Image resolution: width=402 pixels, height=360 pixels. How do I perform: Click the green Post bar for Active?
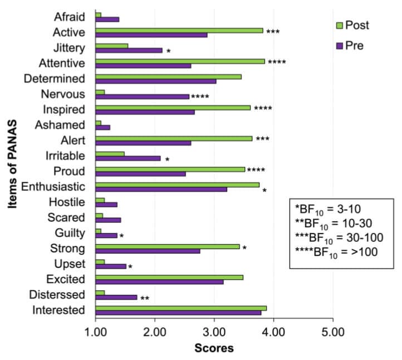point(179,30)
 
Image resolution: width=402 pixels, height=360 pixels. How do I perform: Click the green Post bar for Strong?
point(168,246)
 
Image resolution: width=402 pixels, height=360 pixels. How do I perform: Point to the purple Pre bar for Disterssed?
point(116,297)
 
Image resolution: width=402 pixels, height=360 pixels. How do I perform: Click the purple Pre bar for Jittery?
point(129,50)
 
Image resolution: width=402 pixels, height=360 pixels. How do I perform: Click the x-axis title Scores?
point(214,349)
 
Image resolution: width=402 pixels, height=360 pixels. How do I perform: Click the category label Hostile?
point(71,202)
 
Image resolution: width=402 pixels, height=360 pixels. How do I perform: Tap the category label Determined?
point(57,78)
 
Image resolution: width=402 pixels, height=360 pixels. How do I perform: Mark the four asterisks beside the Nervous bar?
point(200,97)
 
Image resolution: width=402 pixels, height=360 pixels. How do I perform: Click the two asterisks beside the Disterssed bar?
point(145,299)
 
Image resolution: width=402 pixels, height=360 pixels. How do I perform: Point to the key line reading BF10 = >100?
point(336,251)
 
